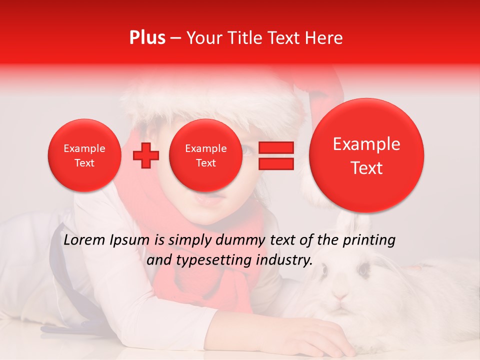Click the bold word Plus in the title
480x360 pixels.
tap(147, 38)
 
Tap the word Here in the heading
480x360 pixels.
tap(323, 38)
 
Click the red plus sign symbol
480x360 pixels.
tap(145, 155)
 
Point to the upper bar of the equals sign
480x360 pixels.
tap(275, 147)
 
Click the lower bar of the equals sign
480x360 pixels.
tap(275, 163)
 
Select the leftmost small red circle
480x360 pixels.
tap(84, 155)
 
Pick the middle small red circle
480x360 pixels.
tap(205, 155)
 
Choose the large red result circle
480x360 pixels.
tap(366, 155)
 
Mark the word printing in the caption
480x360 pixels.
tap(369, 240)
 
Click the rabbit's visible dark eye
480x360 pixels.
tap(363, 270)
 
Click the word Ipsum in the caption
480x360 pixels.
tap(130, 240)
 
